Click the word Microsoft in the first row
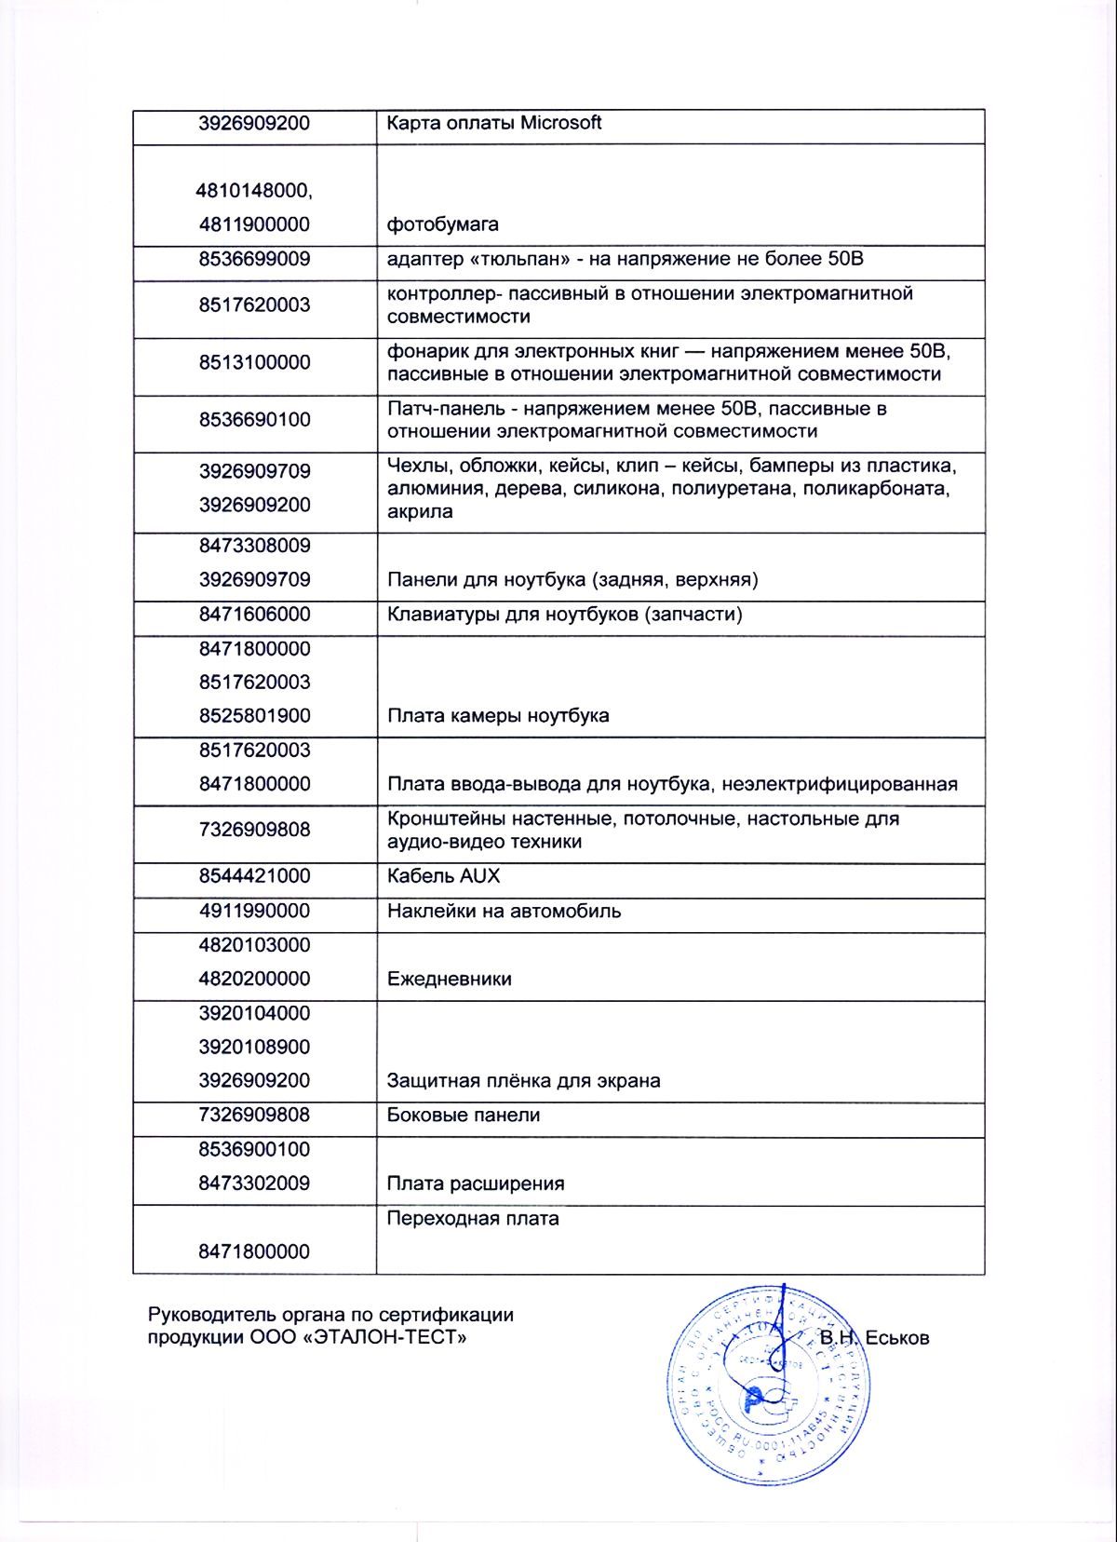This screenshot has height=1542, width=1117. click(560, 123)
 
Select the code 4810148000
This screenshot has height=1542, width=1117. click(254, 191)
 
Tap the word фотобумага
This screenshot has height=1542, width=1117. click(442, 224)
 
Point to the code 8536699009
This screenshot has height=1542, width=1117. click(254, 259)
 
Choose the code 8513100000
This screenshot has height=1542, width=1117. click(254, 362)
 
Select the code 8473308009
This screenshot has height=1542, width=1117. click(254, 546)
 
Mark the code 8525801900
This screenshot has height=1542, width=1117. click(254, 716)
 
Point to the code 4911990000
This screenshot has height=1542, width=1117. click(254, 911)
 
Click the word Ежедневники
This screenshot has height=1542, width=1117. click(449, 980)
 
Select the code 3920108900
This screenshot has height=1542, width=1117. click(254, 1047)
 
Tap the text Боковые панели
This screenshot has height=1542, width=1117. click(463, 1116)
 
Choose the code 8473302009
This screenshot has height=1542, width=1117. click(254, 1184)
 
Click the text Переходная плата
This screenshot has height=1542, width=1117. click(473, 1219)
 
